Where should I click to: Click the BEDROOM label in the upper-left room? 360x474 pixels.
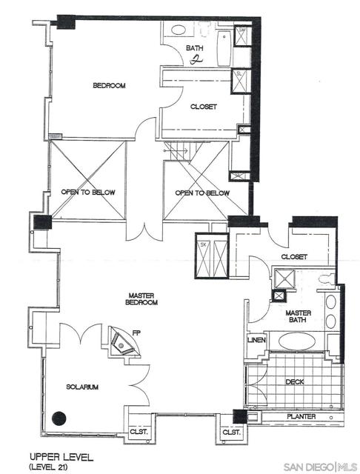click(109, 86)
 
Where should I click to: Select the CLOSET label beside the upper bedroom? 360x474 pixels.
click(203, 107)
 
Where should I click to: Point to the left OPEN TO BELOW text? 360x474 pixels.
click(86, 192)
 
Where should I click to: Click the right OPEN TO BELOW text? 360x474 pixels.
click(202, 193)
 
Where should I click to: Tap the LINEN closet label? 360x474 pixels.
click(256, 340)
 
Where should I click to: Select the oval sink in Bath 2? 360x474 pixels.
click(178, 31)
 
